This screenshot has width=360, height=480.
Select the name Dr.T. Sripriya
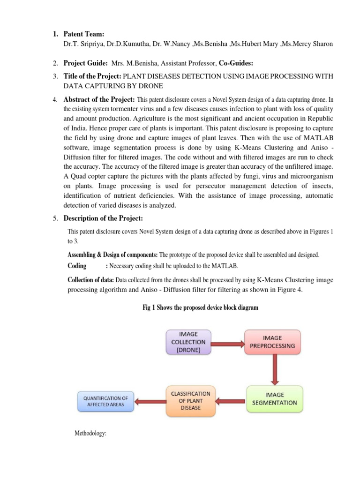[x=84, y=44]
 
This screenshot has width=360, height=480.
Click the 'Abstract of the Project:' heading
[x=99, y=99]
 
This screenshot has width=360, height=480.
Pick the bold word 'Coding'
[x=77, y=266]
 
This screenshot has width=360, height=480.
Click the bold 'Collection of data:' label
[x=91, y=280]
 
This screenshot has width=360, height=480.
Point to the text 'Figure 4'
[x=289, y=290]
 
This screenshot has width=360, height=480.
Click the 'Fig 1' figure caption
[x=200, y=308]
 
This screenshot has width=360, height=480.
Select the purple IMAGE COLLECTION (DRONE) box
[x=188, y=342]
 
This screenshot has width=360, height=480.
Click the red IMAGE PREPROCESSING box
[x=272, y=342]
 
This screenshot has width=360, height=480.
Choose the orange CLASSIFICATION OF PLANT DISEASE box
[x=190, y=400]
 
